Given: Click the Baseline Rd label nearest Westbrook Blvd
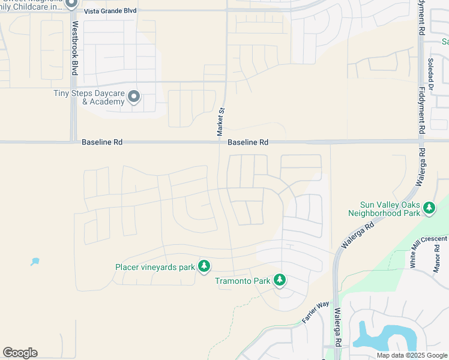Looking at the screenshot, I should (102, 142).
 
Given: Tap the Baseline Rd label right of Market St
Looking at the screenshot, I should (247, 142).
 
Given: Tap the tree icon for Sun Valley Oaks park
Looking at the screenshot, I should (429, 208).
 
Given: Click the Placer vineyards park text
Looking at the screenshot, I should (155, 266).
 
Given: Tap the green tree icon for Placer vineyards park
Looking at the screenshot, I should (204, 266).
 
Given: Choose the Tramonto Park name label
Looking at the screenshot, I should (243, 281).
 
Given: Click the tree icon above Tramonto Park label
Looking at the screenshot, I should (279, 280).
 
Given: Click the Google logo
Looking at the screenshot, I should (20, 353).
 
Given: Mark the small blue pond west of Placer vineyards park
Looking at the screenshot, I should (35, 262).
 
